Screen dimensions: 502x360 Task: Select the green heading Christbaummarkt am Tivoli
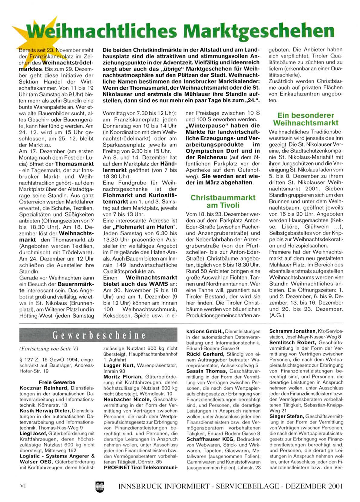223,201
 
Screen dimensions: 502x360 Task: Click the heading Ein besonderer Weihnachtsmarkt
306,119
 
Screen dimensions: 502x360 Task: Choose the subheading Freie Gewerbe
57,382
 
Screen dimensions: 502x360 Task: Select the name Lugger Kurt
118,365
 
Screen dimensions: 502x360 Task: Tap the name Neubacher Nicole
127,399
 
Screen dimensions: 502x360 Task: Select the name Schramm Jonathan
292,331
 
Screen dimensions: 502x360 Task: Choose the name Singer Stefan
286,417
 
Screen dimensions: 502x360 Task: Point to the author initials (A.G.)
276,315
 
